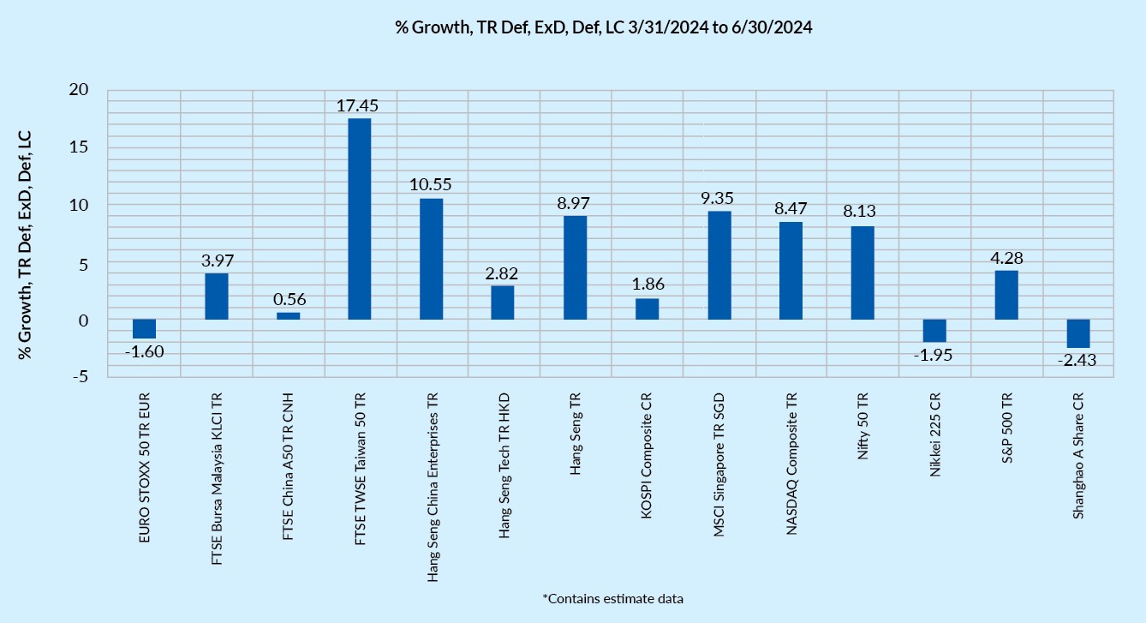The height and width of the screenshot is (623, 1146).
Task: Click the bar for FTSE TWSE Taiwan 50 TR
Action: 360,219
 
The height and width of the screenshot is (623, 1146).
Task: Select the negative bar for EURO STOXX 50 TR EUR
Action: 144,329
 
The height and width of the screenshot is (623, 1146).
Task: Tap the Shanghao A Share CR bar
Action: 1077,333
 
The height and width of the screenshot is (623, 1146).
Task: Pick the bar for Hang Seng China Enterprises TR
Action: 432,259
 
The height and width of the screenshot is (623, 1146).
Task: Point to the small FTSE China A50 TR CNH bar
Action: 288,316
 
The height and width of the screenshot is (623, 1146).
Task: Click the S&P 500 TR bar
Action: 1006,295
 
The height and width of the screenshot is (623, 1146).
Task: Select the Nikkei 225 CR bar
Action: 934,331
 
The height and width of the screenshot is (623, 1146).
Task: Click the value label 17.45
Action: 360,106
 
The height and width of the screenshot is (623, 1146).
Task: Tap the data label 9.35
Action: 719,199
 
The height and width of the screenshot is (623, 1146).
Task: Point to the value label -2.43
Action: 1077,361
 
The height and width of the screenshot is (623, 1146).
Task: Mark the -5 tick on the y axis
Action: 83,377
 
